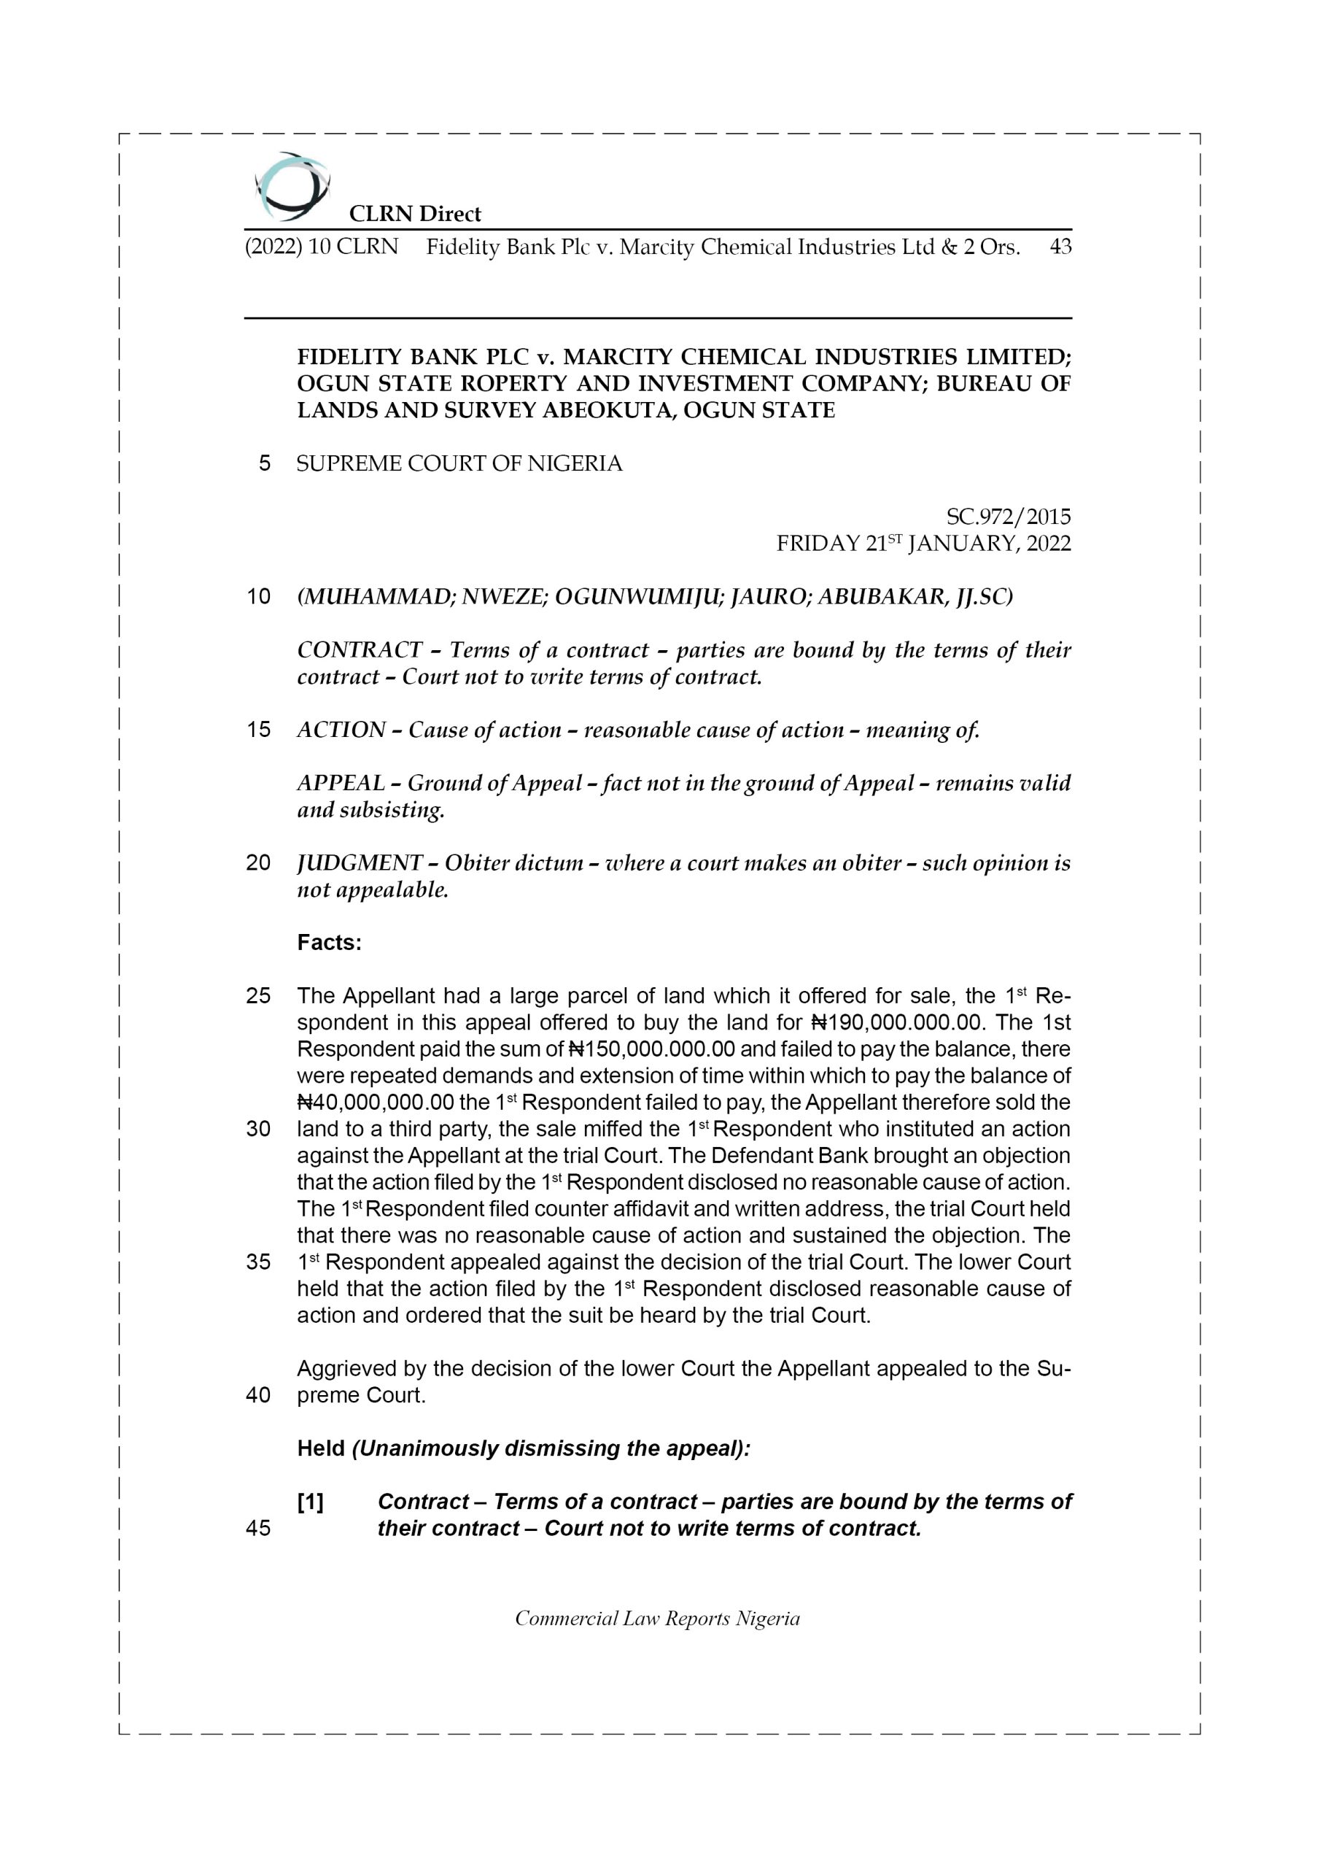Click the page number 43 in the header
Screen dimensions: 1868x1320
(1060, 247)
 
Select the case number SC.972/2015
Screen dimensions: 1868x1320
(1008, 517)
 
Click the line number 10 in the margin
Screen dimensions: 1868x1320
(258, 597)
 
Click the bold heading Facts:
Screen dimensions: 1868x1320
(329, 943)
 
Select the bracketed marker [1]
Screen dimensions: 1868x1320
(310, 1502)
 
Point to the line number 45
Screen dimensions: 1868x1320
(258, 1529)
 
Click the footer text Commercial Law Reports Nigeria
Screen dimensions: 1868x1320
(657, 1618)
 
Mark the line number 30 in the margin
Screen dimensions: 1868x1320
(258, 1130)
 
